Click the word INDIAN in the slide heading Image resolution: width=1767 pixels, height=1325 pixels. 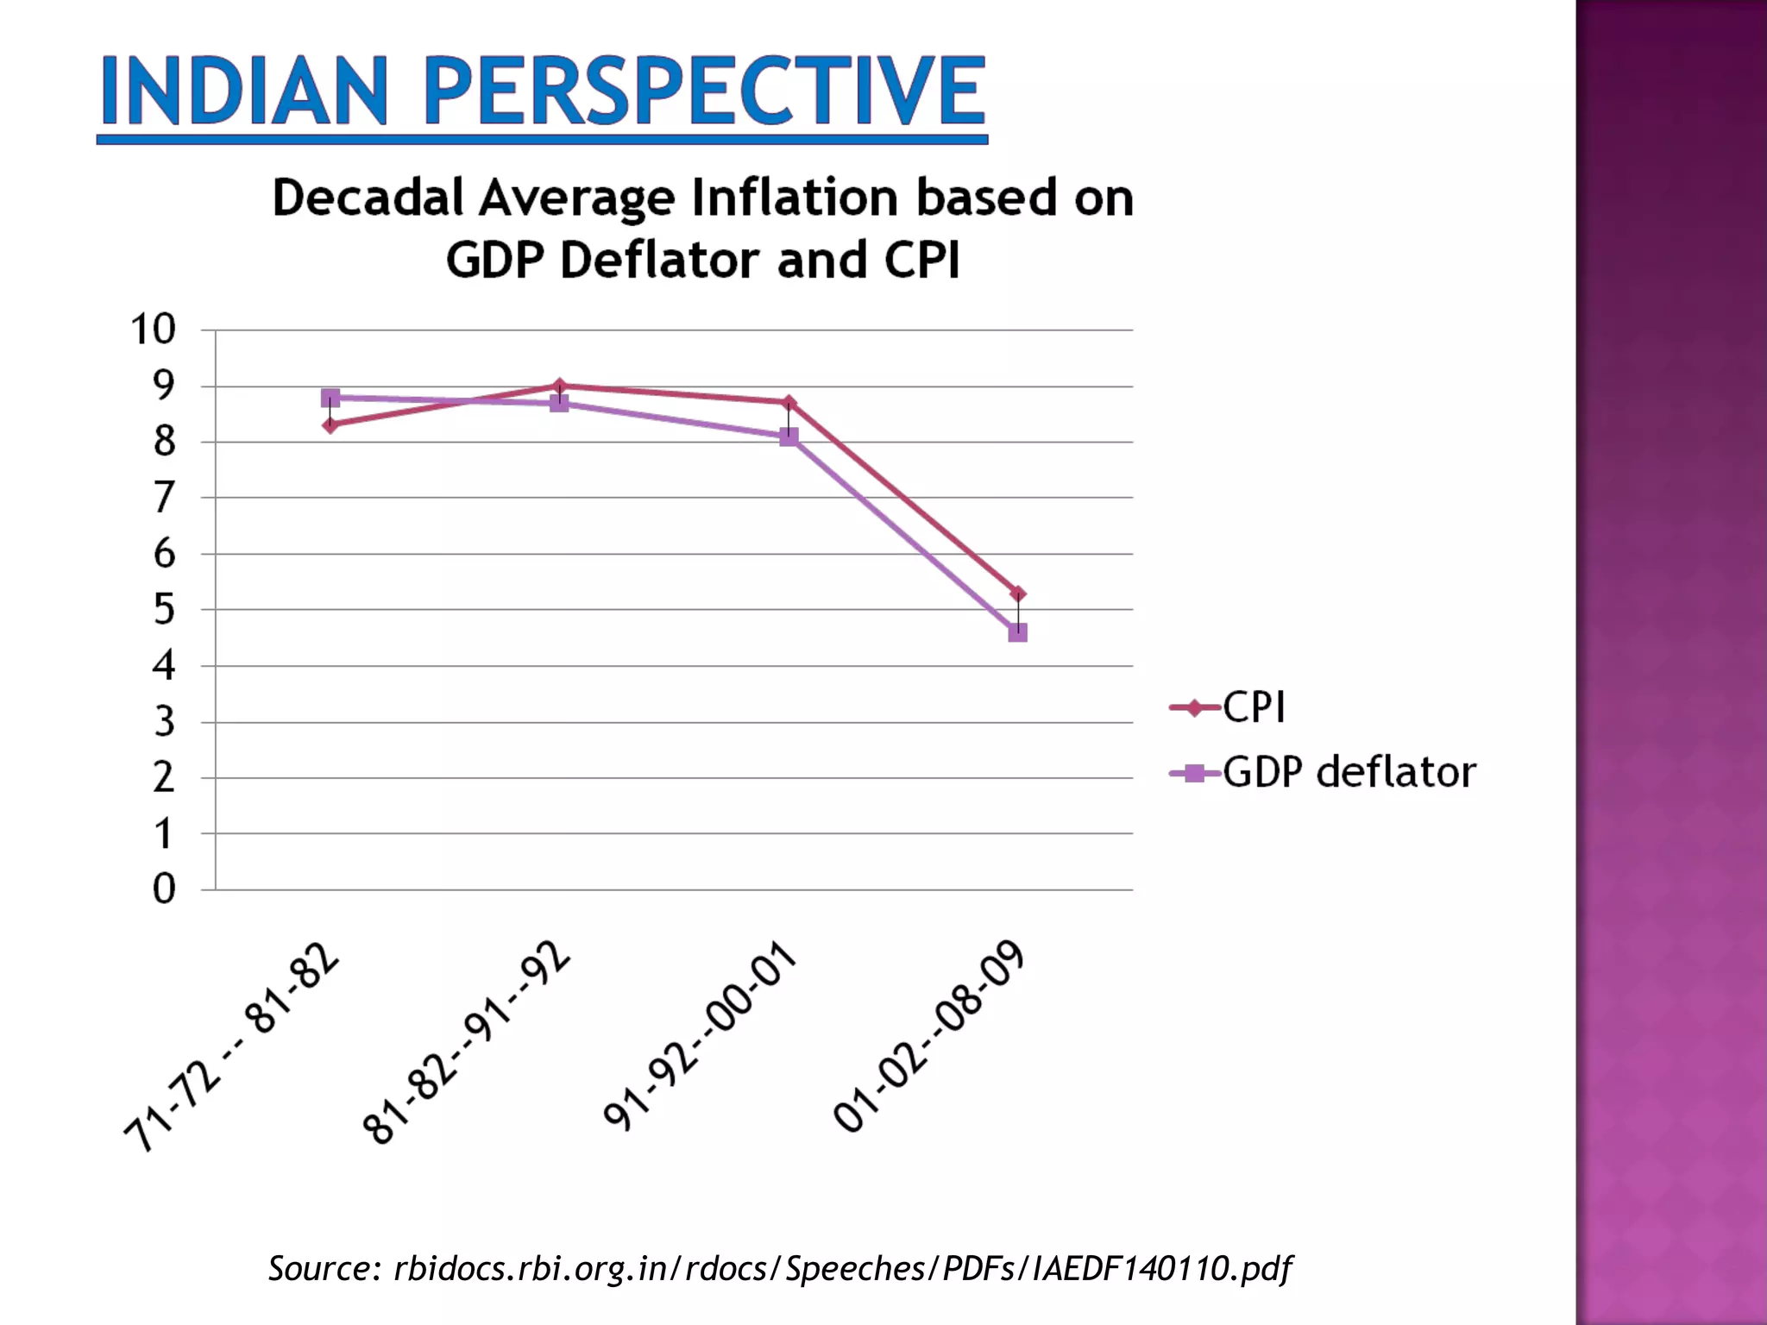[244, 91]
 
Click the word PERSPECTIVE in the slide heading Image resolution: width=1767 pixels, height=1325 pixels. [703, 91]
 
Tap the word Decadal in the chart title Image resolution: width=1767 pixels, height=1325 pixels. [368, 198]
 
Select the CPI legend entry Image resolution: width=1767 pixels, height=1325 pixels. [1253, 708]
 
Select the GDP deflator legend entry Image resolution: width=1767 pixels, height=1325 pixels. [1348, 773]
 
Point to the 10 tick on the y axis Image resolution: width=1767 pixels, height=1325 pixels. [154, 330]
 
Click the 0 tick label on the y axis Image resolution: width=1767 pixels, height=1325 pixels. [164, 889]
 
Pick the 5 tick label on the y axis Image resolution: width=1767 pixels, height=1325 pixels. [164, 610]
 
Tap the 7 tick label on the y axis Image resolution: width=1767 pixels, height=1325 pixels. [164, 498]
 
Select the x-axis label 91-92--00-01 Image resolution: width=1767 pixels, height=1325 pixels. [700, 1035]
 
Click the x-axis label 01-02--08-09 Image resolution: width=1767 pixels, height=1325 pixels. [929, 1035]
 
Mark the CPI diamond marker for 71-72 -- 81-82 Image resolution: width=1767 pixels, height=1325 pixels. [330, 425]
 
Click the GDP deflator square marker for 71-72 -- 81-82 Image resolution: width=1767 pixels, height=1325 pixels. [330, 398]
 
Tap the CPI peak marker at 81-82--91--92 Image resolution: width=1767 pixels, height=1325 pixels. [559, 386]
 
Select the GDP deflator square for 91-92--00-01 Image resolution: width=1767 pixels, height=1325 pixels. [789, 437]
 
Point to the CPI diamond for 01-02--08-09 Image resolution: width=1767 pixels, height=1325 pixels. [1018, 593]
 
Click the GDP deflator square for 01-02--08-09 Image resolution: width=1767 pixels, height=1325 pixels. [1018, 633]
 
